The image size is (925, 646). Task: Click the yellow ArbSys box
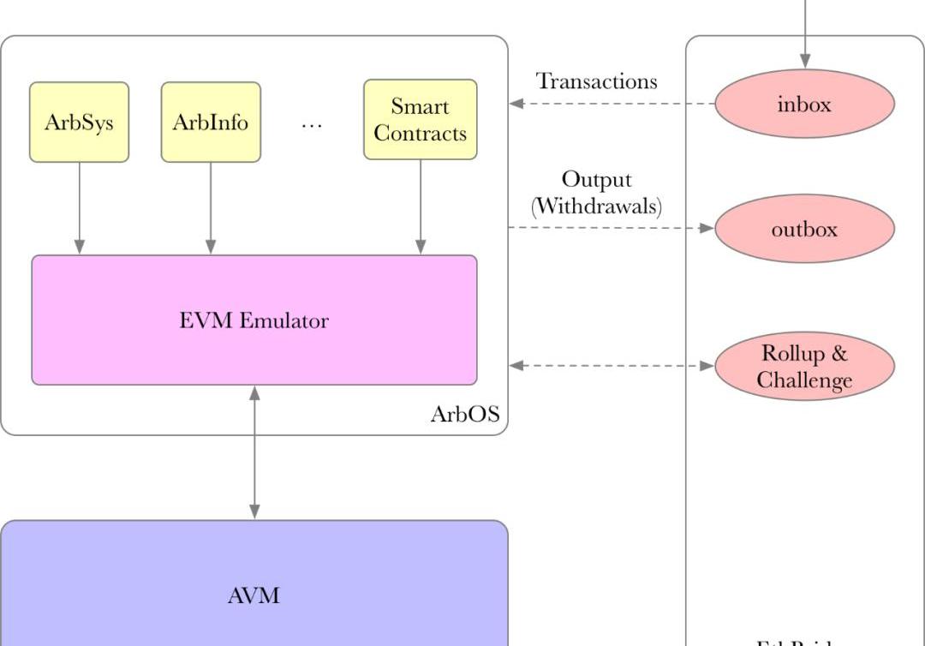click(79, 122)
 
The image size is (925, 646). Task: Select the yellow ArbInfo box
click(211, 122)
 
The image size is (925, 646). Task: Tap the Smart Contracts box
click(420, 120)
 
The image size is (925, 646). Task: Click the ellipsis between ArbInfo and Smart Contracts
click(312, 123)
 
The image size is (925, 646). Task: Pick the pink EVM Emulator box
click(254, 320)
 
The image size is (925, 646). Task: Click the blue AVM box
click(254, 595)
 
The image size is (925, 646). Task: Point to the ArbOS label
click(464, 415)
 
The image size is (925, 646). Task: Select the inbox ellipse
click(804, 104)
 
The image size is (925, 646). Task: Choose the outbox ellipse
click(804, 229)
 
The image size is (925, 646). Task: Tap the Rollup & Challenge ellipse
click(804, 367)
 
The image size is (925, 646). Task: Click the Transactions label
click(597, 81)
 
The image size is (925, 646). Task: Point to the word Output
click(597, 179)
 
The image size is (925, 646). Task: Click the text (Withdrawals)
click(597, 206)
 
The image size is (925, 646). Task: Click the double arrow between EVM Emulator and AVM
click(254, 452)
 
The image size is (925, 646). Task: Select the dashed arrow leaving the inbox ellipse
click(612, 104)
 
